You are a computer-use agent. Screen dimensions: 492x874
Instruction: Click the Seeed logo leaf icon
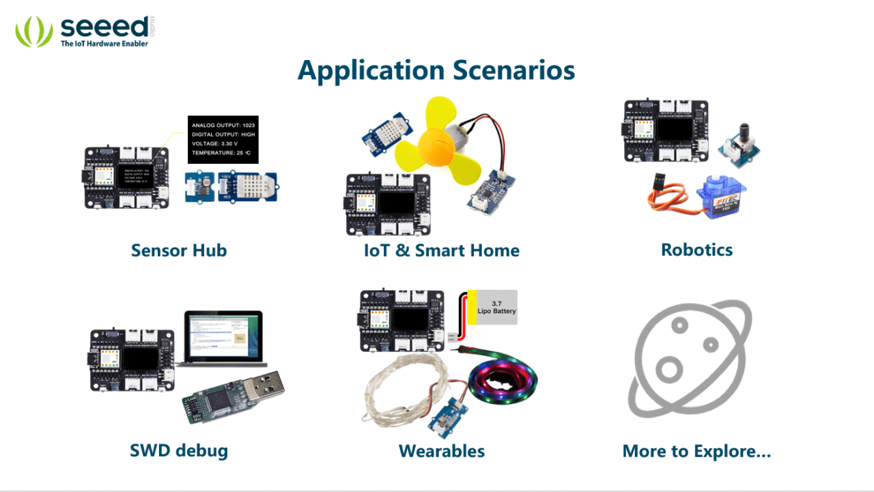33,31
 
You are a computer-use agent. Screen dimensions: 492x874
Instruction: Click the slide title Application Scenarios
436,71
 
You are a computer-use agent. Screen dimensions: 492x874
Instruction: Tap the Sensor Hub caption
179,250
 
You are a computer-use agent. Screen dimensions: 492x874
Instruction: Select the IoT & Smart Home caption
442,250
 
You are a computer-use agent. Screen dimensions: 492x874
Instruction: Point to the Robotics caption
696,249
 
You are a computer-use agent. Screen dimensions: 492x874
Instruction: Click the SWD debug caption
179,450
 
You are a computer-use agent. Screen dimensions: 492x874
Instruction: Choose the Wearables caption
442,451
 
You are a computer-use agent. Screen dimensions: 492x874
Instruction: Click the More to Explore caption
696,451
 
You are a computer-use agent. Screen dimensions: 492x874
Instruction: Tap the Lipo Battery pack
492,307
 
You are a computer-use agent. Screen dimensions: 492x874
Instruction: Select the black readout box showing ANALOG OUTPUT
223,139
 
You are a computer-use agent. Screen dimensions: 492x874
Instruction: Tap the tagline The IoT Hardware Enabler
104,43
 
